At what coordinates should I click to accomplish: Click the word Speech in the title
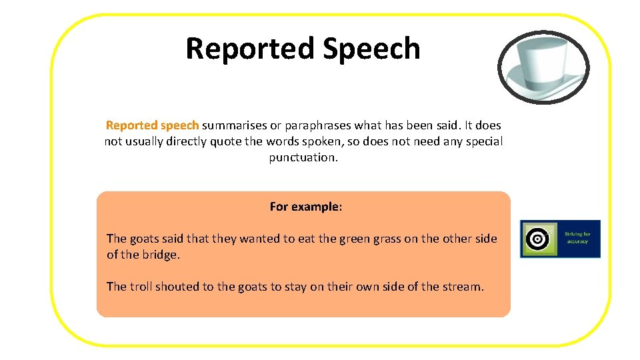pos(371,49)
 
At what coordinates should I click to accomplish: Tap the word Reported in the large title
pos(251,49)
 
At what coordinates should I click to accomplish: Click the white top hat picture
pos(543,67)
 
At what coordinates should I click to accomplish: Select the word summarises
pos(231,125)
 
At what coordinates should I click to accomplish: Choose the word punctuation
pos(303,157)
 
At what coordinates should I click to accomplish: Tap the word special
pos(482,141)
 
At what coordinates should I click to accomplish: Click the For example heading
pos(305,207)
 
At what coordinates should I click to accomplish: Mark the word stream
pos(462,287)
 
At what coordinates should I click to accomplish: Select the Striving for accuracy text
pos(577,237)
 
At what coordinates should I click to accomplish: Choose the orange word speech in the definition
pos(180,125)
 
